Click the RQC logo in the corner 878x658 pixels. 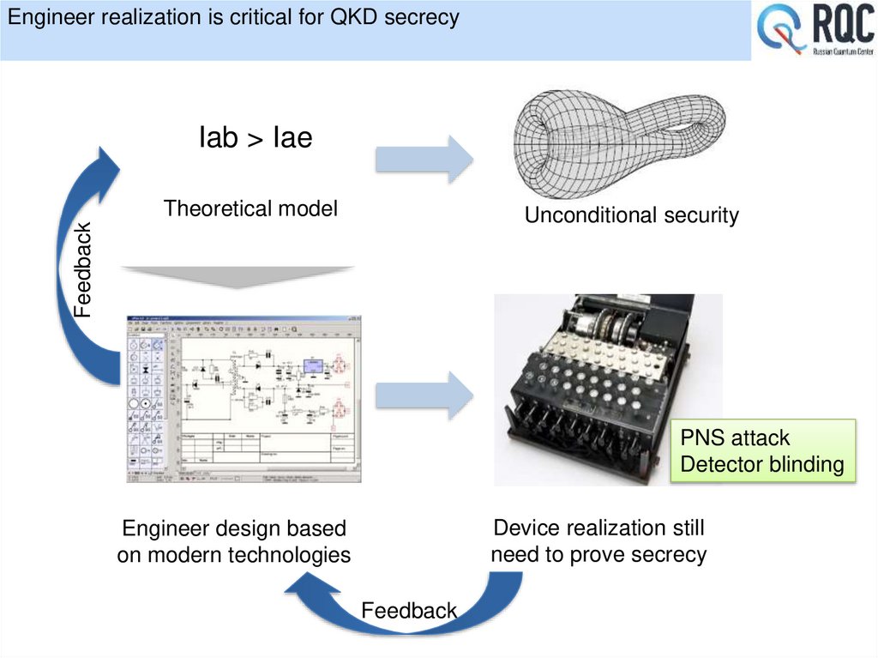pos(814,32)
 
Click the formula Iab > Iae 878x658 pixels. pos(255,137)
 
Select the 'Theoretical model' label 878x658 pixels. pos(250,208)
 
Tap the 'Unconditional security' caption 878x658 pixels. pos(631,215)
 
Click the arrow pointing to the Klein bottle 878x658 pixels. pos(424,158)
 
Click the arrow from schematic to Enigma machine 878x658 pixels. pos(424,395)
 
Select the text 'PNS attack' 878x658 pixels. pos(734,438)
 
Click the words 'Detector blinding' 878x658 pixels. pos(761,465)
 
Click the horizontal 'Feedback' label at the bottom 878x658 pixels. pos(409,611)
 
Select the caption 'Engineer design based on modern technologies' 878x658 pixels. pos(233,541)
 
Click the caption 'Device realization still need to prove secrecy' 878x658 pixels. pos(598,540)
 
